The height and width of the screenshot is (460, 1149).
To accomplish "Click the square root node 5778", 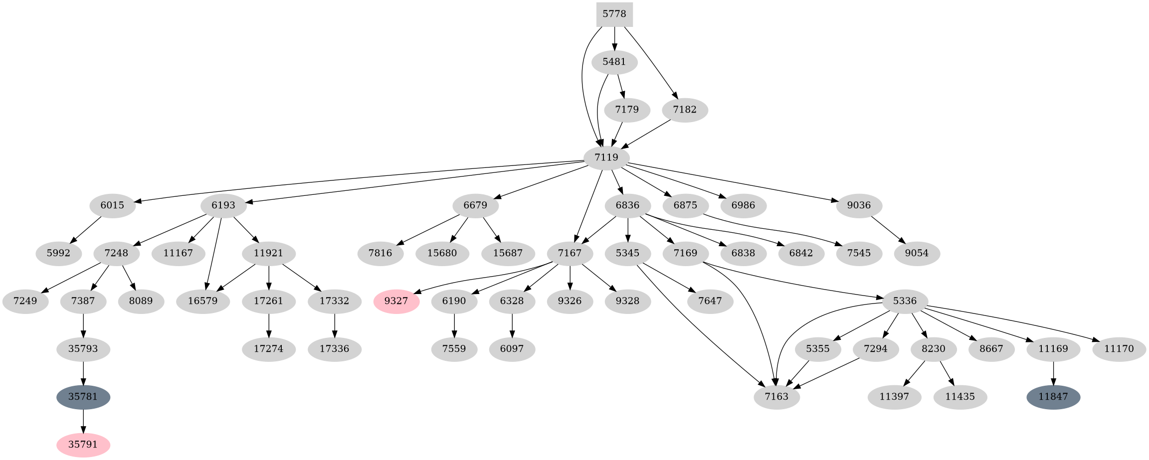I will pyautogui.click(x=614, y=14).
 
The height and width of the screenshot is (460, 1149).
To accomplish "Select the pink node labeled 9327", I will pyautogui.click(x=396, y=301).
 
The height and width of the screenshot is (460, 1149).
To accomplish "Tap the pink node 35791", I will pyautogui.click(x=83, y=445).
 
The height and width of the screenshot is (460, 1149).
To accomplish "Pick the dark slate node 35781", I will pyautogui.click(x=83, y=397).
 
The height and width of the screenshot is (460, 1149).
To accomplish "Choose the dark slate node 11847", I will pyautogui.click(x=1053, y=397).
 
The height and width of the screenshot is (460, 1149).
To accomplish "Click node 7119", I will pyautogui.click(x=606, y=157).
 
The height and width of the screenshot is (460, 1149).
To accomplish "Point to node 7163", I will pyautogui.click(x=777, y=397).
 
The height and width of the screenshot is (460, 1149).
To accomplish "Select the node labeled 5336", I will pyautogui.click(x=905, y=301).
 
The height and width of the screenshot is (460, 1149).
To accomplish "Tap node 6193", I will pyautogui.click(x=223, y=205).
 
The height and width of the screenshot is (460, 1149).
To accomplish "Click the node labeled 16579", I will pyautogui.click(x=203, y=301).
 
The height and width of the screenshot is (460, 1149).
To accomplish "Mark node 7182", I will pyautogui.click(x=685, y=110).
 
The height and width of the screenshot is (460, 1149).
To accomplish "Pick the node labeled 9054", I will pyautogui.click(x=917, y=253).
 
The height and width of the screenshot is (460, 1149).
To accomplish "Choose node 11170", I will pyautogui.click(x=1119, y=349).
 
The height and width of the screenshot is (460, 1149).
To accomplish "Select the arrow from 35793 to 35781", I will pyautogui.click(x=83, y=373).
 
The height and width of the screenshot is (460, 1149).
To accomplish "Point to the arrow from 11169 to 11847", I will pyautogui.click(x=1053, y=373).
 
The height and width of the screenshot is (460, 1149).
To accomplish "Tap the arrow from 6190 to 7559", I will pyautogui.click(x=454, y=325).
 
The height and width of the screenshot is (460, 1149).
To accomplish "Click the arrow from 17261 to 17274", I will pyautogui.click(x=269, y=325).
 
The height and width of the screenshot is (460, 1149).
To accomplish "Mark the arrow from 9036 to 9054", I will pyautogui.click(x=888, y=229).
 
